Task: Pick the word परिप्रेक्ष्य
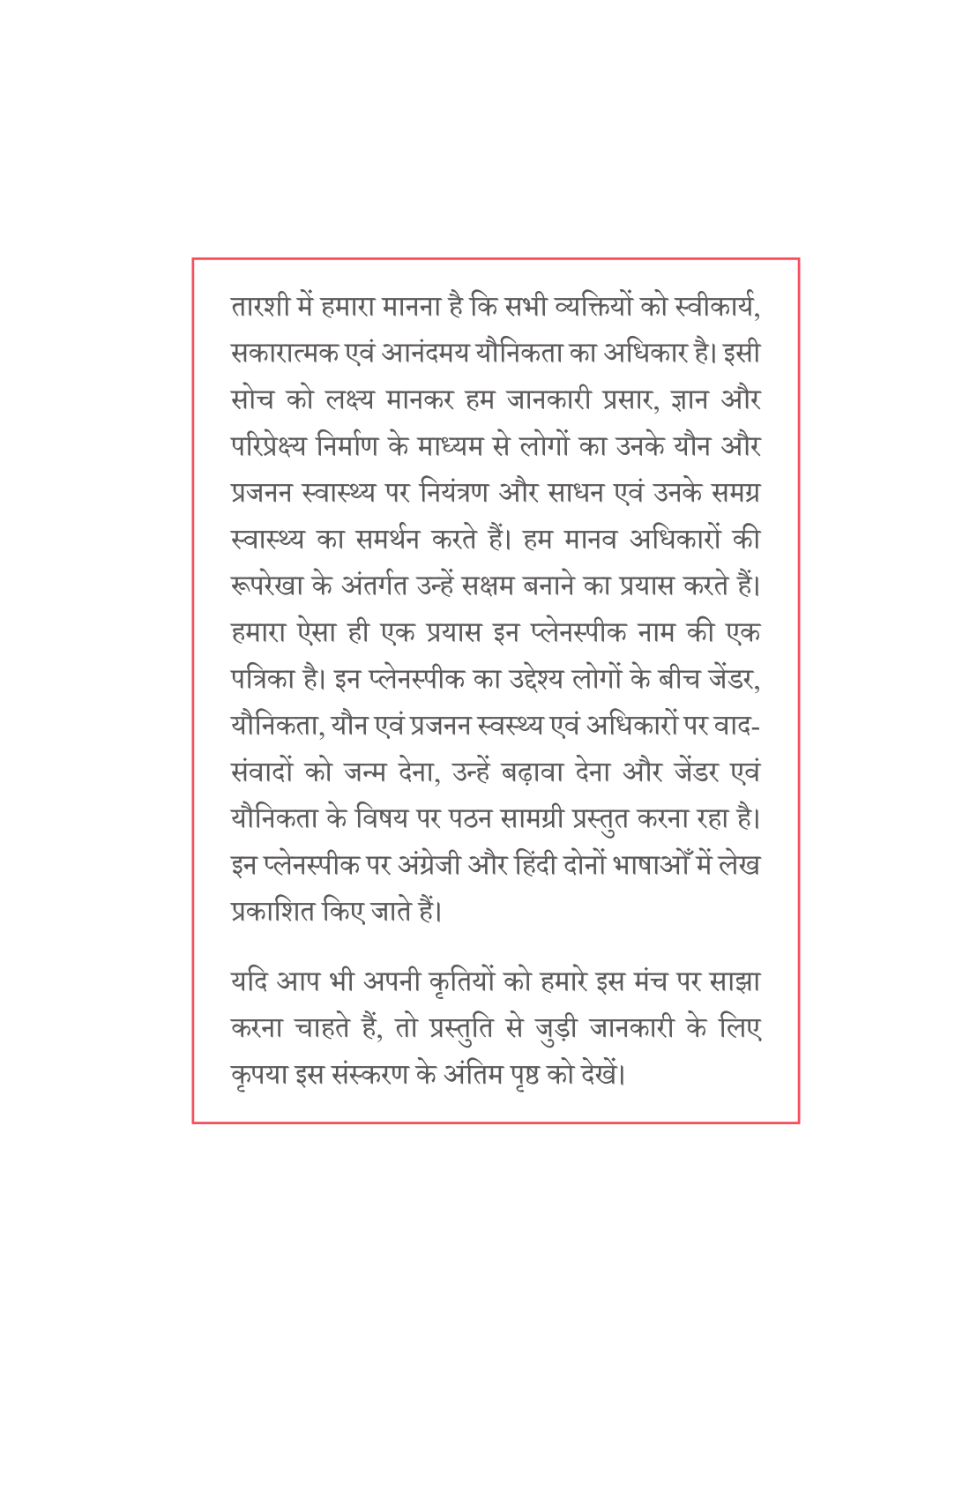coord(269,447)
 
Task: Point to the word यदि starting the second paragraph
coord(249,982)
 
